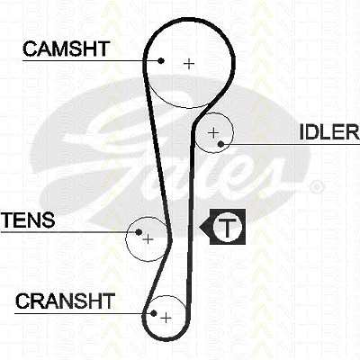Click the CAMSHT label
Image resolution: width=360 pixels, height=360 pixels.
point(66,49)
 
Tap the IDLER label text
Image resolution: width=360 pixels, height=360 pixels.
point(329,132)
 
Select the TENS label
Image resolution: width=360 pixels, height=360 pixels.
point(28,220)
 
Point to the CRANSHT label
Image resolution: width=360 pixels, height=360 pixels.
point(65,301)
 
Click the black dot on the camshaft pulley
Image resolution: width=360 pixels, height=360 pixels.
point(161,61)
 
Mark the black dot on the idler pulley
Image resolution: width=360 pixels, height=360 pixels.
point(221,144)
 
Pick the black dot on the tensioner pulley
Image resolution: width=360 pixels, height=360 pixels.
point(139,232)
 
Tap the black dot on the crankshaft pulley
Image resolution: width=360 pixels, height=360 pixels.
point(154,313)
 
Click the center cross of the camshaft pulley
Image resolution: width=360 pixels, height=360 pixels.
point(189,64)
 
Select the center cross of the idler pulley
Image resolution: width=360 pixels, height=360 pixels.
point(213,132)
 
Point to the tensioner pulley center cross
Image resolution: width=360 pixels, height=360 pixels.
point(148,239)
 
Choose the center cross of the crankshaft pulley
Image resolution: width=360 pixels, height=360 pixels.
point(166,318)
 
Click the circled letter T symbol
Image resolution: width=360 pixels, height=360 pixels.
point(228,227)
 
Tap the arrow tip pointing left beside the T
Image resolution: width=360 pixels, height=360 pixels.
point(200,227)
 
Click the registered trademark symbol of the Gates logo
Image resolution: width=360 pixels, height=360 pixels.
point(316,186)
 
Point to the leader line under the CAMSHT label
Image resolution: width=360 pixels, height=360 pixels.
point(92,61)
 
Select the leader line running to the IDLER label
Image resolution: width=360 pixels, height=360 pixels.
point(291,144)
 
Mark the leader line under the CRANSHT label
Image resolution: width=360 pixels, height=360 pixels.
point(84,314)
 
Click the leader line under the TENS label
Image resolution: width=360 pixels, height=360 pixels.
point(69,232)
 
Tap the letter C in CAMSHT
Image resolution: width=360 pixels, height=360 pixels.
point(30,49)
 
